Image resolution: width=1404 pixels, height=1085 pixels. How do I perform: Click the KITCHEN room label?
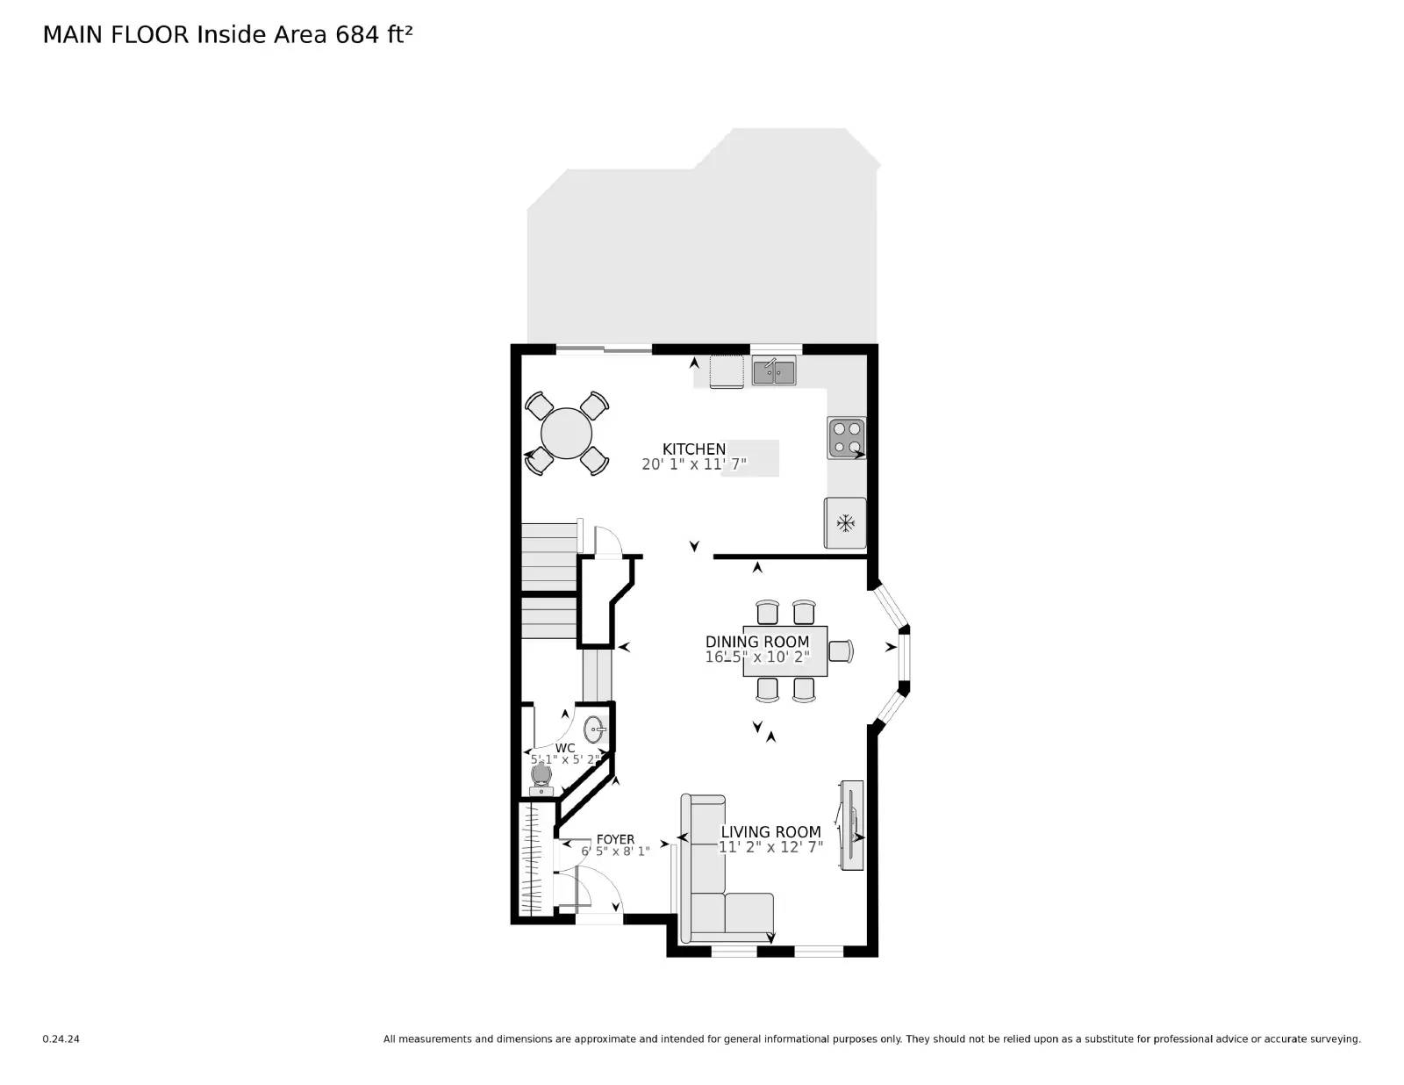[693, 449]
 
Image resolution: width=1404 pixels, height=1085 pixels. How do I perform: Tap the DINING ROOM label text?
[756, 642]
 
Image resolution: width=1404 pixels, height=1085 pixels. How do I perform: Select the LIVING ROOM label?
[770, 831]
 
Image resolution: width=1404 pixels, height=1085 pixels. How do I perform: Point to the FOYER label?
[615, 839]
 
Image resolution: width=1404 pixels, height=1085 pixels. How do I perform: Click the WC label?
[565, 748]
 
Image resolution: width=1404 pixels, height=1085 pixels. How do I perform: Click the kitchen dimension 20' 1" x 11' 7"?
[693, 464]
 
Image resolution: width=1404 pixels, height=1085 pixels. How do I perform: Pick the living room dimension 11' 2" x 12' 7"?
[770, 847]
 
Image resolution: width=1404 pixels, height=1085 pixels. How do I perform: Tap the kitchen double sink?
[773, 371]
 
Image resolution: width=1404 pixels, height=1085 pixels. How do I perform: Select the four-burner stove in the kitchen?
[846, 438]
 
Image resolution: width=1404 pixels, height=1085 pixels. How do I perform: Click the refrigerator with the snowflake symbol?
[845, 523]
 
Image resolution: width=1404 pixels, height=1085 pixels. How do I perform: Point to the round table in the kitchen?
[566, 434]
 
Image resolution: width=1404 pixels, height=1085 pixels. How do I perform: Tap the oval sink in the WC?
[595, 729]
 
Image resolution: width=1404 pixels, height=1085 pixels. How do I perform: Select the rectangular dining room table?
[785, 650]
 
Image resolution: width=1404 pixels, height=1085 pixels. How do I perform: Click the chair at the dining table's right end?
[841, 650]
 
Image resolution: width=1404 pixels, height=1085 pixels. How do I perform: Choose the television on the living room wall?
[851, 825]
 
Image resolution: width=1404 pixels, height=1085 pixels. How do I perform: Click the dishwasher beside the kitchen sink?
[727, 371]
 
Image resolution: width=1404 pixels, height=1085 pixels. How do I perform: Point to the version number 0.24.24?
[61, 1039]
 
